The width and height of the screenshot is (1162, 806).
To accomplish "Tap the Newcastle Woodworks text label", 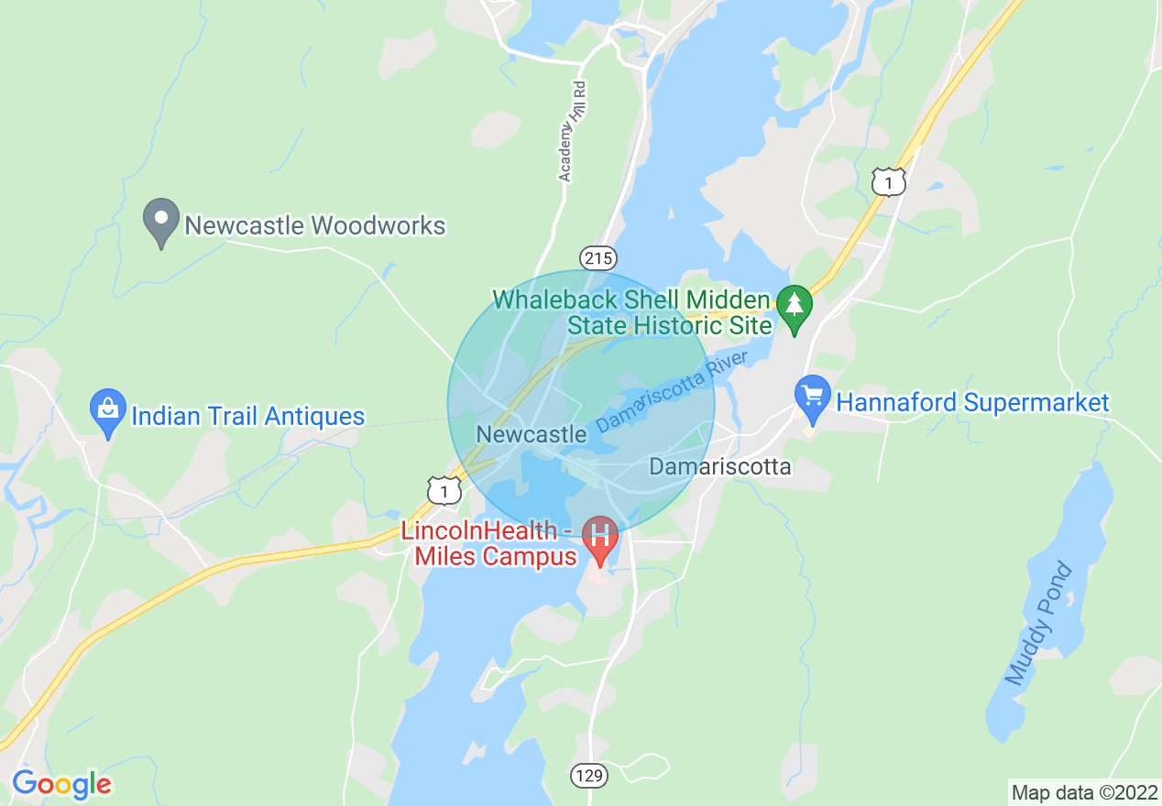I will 315,225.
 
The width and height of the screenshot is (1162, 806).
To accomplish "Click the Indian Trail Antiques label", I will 248,417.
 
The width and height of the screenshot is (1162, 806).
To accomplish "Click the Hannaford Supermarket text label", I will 972,402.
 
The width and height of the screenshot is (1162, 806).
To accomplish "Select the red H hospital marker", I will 601,536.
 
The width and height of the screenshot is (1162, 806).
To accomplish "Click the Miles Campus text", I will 496,556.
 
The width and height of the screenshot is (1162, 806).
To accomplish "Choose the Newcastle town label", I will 532,434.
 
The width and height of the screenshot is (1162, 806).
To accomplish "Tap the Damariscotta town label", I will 720,466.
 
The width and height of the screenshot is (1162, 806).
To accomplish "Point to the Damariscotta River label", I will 672,392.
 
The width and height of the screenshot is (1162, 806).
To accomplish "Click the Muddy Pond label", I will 1039,625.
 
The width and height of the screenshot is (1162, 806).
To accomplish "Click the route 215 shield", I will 597,258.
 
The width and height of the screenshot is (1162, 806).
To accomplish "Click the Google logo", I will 61,784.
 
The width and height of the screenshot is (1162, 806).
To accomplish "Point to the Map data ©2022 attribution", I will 1083,791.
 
